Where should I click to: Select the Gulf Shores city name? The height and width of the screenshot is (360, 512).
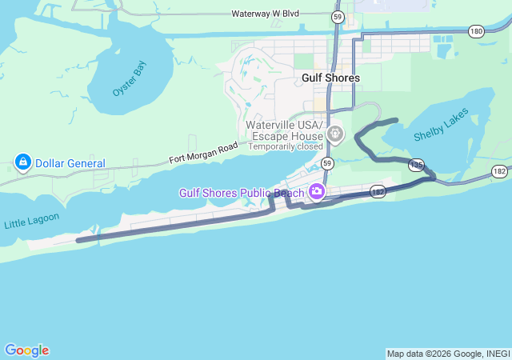click(331, 78)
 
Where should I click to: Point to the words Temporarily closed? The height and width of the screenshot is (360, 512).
click(286, 146)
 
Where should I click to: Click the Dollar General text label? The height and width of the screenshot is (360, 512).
click(70, 163)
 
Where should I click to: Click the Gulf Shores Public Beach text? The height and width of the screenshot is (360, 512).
click(241, 193)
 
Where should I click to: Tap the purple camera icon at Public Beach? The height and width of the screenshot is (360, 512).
click(317, 192)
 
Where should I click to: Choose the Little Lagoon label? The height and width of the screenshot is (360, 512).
click(26, 221)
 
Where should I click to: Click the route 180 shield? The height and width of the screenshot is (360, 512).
click(477, 30)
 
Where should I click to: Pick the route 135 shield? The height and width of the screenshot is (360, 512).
click(416, 164)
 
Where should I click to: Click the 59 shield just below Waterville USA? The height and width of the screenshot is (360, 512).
click(327, 163)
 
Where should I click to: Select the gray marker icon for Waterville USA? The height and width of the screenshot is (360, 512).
click(335, 134)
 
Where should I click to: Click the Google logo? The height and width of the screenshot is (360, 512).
click(26, 350)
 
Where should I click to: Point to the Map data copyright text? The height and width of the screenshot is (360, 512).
click(448, 354)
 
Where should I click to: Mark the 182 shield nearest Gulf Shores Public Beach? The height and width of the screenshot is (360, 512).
click(378, 192)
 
